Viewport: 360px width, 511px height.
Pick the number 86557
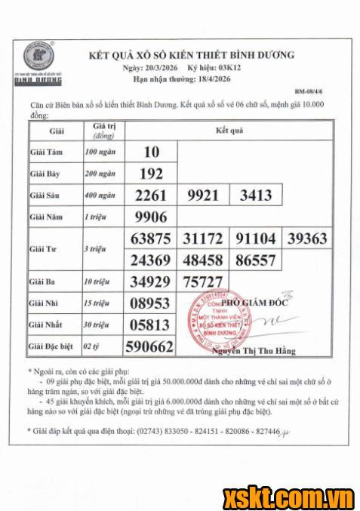(255, 260)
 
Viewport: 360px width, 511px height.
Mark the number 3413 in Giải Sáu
(255, 195)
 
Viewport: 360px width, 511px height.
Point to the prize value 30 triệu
(97, 325)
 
